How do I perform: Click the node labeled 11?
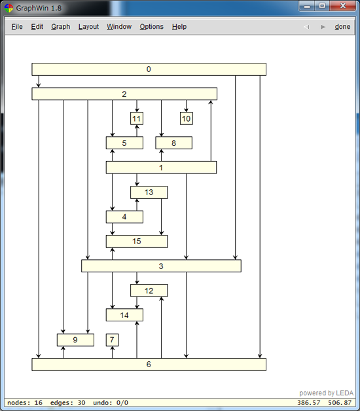137,118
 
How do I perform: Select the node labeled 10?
187,118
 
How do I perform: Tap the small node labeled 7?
112,340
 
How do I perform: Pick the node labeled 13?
149,192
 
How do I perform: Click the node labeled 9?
75,340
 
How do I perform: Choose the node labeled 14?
124,315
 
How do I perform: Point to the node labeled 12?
149,291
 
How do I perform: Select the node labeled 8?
174,143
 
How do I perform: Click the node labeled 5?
124,143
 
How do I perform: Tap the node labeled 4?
124,217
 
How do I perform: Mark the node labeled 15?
137,241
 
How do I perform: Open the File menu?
17,27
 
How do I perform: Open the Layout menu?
88,27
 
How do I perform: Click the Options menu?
152,27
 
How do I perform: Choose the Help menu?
179,27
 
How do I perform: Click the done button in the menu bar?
342,27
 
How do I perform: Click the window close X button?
343,6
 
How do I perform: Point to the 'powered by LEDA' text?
327,393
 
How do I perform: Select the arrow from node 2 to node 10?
187,106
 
